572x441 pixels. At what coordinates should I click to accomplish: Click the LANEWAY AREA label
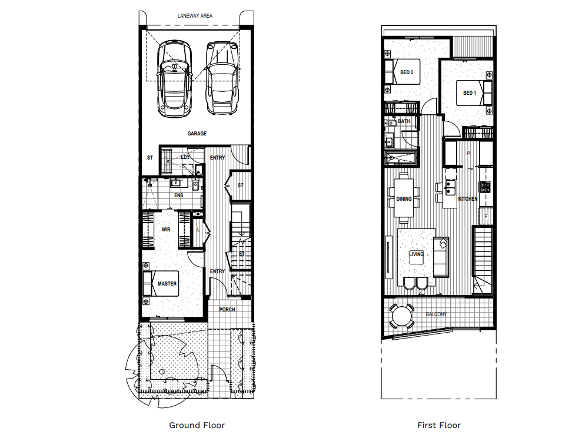195,15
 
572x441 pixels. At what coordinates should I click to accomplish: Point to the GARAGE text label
197,134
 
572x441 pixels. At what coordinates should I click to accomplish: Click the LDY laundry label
185,157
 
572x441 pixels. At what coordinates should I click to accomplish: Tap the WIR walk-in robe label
166,229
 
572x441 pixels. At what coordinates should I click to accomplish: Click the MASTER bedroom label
167,284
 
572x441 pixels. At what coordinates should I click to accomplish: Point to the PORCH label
227,310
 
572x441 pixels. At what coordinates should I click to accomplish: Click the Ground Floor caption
197,425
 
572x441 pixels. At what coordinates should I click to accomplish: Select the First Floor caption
438,425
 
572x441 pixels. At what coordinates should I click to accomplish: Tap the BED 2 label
407,72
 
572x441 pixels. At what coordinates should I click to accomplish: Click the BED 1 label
469,93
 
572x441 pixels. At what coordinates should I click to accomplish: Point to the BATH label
404,121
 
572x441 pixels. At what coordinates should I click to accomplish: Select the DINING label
404,199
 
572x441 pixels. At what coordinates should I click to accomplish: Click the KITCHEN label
468,199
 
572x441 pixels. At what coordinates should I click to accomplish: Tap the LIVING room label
417,254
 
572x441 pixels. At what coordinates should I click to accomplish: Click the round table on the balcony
403,316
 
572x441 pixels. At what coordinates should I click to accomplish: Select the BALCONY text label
436,314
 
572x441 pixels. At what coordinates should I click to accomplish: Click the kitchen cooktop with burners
486,187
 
